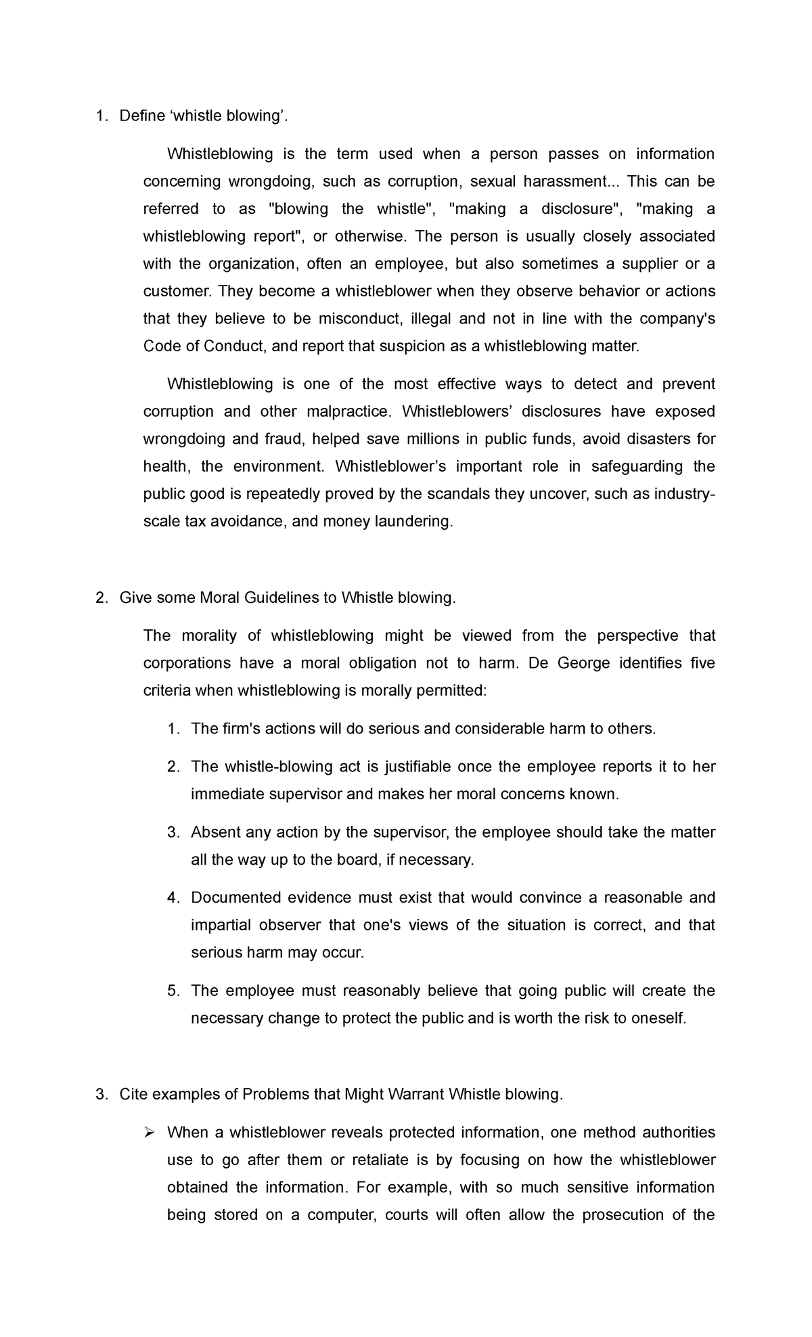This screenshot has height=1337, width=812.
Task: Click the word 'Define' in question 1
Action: click(141, 116)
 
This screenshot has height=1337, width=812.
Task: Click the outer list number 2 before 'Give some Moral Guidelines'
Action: click(101, 597)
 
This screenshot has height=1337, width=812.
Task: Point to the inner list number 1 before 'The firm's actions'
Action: click(173, 729)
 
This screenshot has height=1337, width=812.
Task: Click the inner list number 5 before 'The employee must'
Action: click(173, 991)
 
